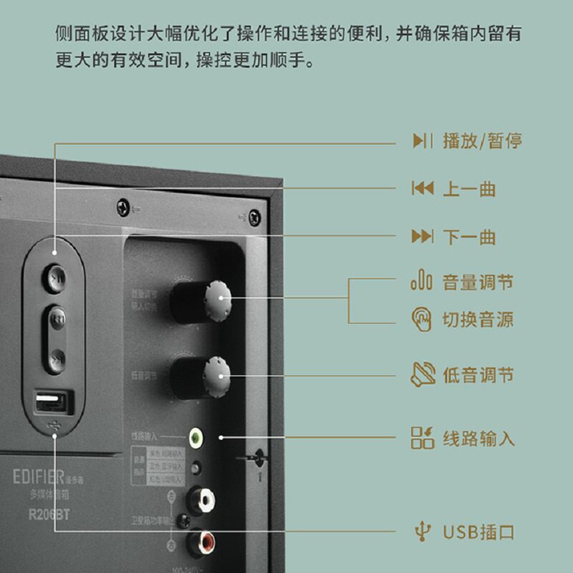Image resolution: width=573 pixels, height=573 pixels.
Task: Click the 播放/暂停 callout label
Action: coord(482,140)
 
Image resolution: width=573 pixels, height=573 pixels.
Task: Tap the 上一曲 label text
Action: coord(469,189)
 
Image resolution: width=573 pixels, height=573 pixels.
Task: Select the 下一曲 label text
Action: coord(469,237)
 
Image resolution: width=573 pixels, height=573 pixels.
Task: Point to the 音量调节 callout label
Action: coord(478,282)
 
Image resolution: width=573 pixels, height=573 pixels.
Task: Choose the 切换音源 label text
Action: coord(478,319)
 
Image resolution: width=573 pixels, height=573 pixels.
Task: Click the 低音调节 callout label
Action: coord(478,375)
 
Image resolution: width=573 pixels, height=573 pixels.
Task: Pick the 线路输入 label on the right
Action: coord(478,438)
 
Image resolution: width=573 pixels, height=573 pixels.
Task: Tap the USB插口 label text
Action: coord(478,532)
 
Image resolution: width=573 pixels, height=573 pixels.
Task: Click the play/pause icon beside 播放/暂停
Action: coord(423,140)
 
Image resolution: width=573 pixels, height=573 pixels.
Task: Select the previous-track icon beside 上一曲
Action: coord(423,189)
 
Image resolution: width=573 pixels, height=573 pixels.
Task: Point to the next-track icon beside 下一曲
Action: coord(423,237)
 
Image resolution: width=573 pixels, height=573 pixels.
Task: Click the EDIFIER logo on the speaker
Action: coord(39,476)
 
